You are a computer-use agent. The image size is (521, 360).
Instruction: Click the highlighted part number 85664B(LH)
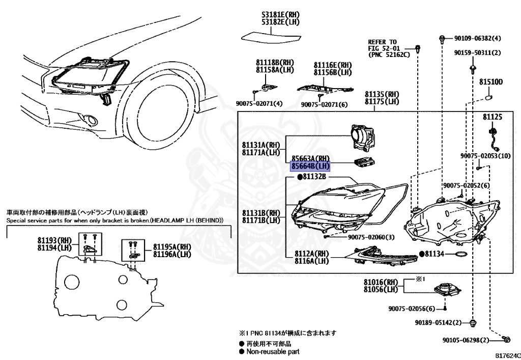click(x=310, y=165)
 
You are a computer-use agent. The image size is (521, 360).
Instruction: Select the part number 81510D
click(x=490, y=82)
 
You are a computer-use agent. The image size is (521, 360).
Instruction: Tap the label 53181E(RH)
click(x=280, y=15)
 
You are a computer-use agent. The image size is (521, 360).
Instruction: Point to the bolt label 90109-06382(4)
click(x=477, y=38)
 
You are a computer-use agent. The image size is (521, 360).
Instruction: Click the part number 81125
click(x=493, y=117)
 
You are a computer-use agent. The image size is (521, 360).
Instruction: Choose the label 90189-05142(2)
click(x=438, y=322)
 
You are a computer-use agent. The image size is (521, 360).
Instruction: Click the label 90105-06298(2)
click(x=466, y=340)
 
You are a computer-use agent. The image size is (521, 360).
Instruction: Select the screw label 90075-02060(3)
click(x=371, y=237)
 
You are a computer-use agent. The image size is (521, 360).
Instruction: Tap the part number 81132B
click(x=314, y=177)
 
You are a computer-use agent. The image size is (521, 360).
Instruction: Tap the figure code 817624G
click(x=508, y=355)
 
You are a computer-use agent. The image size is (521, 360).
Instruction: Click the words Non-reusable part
click(x=273, y=351)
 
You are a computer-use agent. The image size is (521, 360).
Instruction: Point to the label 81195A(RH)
click(x=172, y=247)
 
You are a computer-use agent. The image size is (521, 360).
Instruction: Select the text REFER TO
click(x=382, y=42)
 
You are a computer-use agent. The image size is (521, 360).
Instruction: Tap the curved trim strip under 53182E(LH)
click(x=271, y=38)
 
